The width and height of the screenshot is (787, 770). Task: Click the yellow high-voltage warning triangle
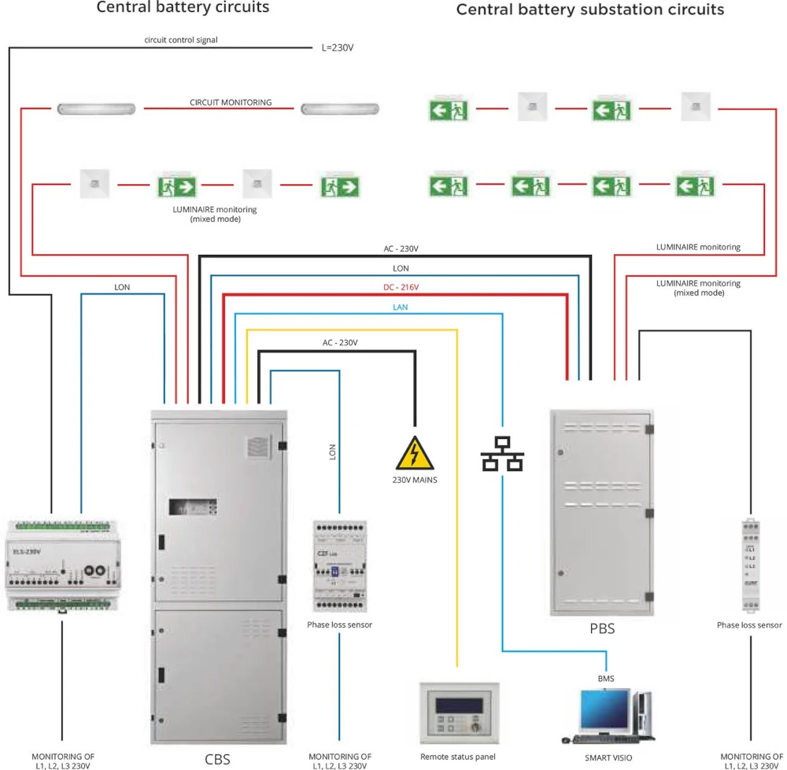coord(416,455)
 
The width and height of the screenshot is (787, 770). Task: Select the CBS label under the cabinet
coord(217,760)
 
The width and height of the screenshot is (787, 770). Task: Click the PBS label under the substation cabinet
coord(602,629)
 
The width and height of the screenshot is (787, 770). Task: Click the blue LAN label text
coord(401,307)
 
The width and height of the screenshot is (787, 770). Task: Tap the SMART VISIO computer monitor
coord(604,711)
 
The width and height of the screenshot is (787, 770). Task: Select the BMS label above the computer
coord(605,677)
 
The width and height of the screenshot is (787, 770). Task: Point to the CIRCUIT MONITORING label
coord(231,102)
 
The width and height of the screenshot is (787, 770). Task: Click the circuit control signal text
coord(180,39)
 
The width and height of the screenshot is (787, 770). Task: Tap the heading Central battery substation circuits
coord(590,10)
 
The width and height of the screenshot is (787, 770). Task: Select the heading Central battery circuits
coord(183,8)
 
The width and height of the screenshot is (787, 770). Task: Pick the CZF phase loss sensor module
coord(339,565)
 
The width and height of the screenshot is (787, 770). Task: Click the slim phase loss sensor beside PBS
coord(749,564)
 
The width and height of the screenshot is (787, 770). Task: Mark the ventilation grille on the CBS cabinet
coord(259,447)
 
